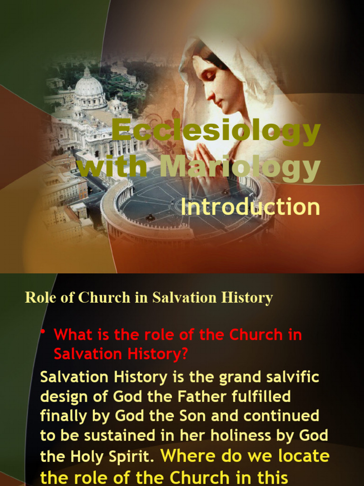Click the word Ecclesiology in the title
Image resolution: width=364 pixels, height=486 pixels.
tap(216, 133)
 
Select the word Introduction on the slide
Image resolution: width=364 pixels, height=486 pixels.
tap(250, 208)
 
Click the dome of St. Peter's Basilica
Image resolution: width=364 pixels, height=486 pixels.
tap(89, 86)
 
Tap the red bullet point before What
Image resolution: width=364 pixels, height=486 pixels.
tap(43, 331)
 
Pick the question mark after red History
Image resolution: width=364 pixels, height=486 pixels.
tap(184, 354)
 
